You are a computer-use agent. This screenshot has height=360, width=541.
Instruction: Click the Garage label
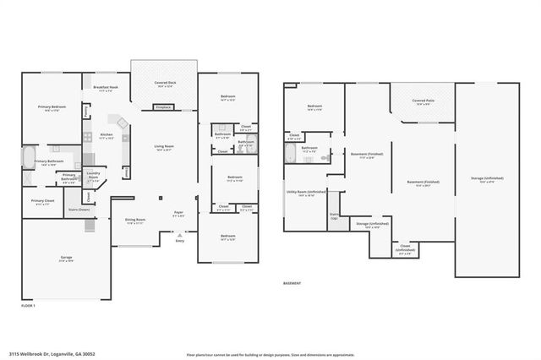pos(66,259)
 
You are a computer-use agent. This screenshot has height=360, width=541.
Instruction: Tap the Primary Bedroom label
pos(52,107)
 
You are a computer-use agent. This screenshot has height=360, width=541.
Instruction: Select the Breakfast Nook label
pos(106,89)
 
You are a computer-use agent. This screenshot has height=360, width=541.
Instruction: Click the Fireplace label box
pos(163,107)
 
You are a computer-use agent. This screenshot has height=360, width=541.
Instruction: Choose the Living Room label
pos(163,148)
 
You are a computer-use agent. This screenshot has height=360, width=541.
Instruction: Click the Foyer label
pos(179,214)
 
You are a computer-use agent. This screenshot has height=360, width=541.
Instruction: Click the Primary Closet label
pos(43,201)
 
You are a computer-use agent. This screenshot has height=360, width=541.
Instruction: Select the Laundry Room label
pos(94,179)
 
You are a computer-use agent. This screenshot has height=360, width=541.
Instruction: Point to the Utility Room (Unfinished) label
pos(305,194)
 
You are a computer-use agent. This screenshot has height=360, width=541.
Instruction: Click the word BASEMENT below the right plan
pos(292,284)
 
